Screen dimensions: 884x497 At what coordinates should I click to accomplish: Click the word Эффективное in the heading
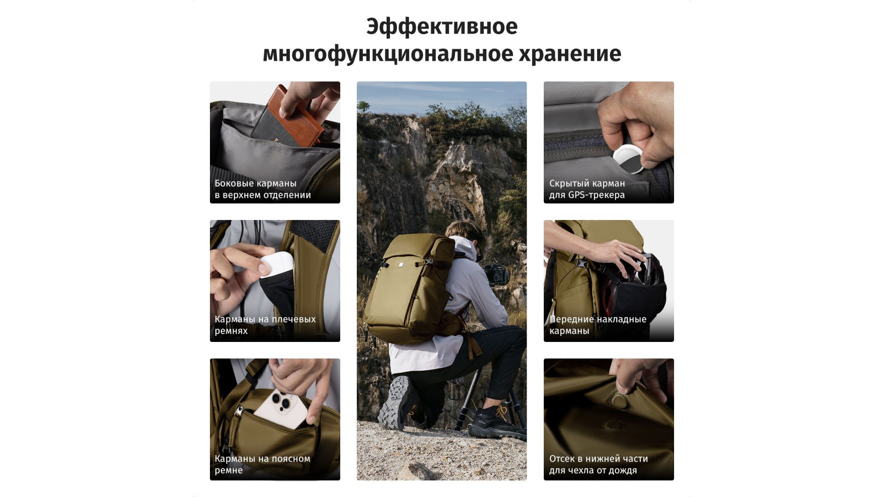coord(442,27)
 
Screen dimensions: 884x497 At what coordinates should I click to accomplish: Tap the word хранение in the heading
coord(570,54)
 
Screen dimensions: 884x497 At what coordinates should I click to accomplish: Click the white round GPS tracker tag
coord(629,159)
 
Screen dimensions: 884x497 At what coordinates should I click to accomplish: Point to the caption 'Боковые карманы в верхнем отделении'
coord(262,189)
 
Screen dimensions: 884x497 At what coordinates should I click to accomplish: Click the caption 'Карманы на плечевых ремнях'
coord(265,325)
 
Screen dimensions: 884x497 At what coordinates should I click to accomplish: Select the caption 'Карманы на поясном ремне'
coord(262,464)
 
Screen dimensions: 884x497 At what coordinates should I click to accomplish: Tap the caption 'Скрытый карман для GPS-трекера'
coord(587,189)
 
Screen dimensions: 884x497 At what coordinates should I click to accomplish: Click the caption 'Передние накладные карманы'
coord(598,325)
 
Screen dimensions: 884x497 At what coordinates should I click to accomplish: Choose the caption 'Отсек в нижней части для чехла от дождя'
coord(599,464)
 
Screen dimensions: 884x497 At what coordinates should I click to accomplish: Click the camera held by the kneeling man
coord(496,275)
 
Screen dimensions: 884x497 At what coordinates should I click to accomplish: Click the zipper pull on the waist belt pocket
coord(238,411)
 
